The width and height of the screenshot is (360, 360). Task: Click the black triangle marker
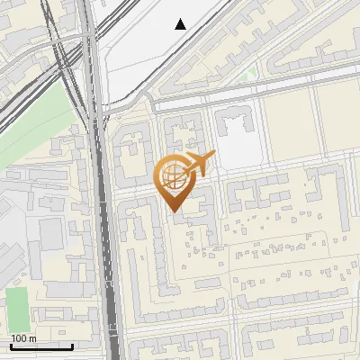click(x=181, y=24)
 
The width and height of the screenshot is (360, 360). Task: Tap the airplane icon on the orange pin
click(x=199, y=163)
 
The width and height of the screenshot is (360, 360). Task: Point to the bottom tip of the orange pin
click(x=174, y=211)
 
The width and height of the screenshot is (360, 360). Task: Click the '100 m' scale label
click(x=22, y=338)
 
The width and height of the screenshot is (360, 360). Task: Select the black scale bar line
click(x=40, y=346)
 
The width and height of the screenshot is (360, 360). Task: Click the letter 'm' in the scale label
click(x=32, y=338)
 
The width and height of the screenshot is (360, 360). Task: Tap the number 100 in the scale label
click(x=19, y=338)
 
